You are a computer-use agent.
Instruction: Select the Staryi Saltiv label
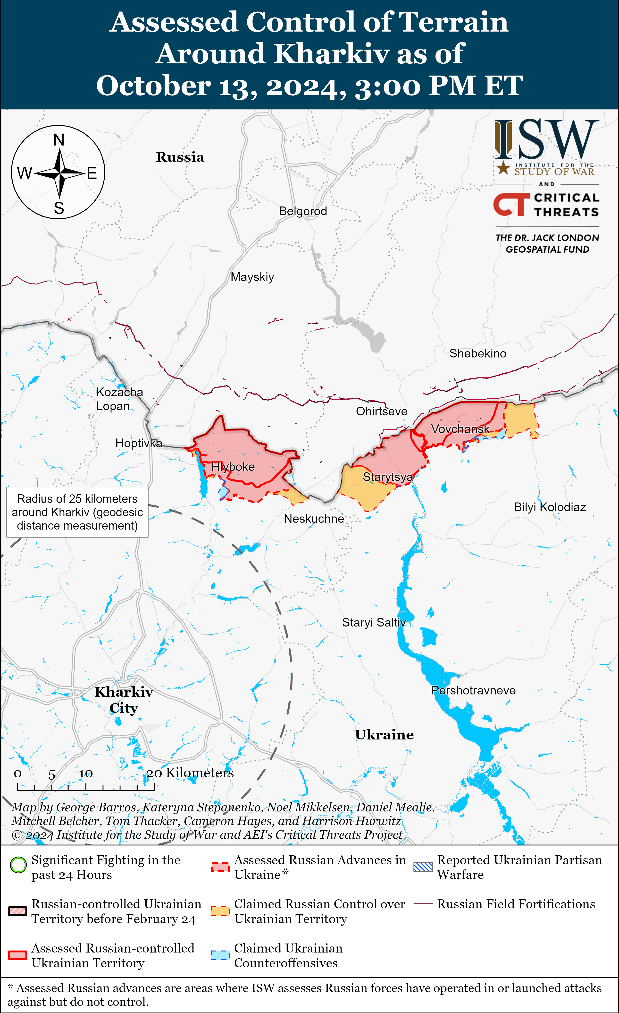tap(374, 622)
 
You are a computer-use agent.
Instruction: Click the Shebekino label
tap(478, 353)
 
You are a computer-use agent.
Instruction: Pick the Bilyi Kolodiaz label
tap(550, 507)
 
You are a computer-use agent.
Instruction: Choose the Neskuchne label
tap(314, 519)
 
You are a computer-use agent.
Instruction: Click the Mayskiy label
tap(252, 277)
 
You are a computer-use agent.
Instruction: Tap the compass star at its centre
tap(59, 173)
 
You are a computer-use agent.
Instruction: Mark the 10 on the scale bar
tap(86, 774)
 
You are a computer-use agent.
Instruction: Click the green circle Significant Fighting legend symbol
tap(18, 865)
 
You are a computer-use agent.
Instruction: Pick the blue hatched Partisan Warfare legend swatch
tap(423, 867)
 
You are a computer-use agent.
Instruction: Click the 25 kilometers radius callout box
tap(77, 512)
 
